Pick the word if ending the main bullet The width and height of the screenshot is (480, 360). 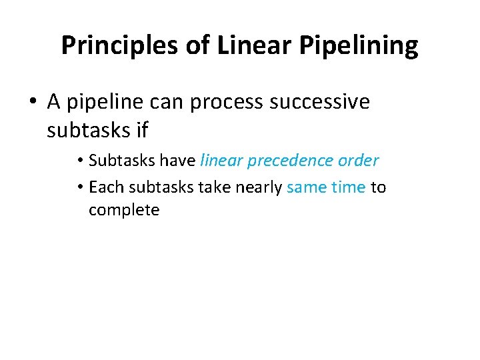141,131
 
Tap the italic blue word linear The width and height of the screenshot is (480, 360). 221,161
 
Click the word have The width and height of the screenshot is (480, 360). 178,161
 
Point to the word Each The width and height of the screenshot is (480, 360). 106,187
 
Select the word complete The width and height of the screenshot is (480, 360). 124,211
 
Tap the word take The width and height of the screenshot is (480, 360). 214,187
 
